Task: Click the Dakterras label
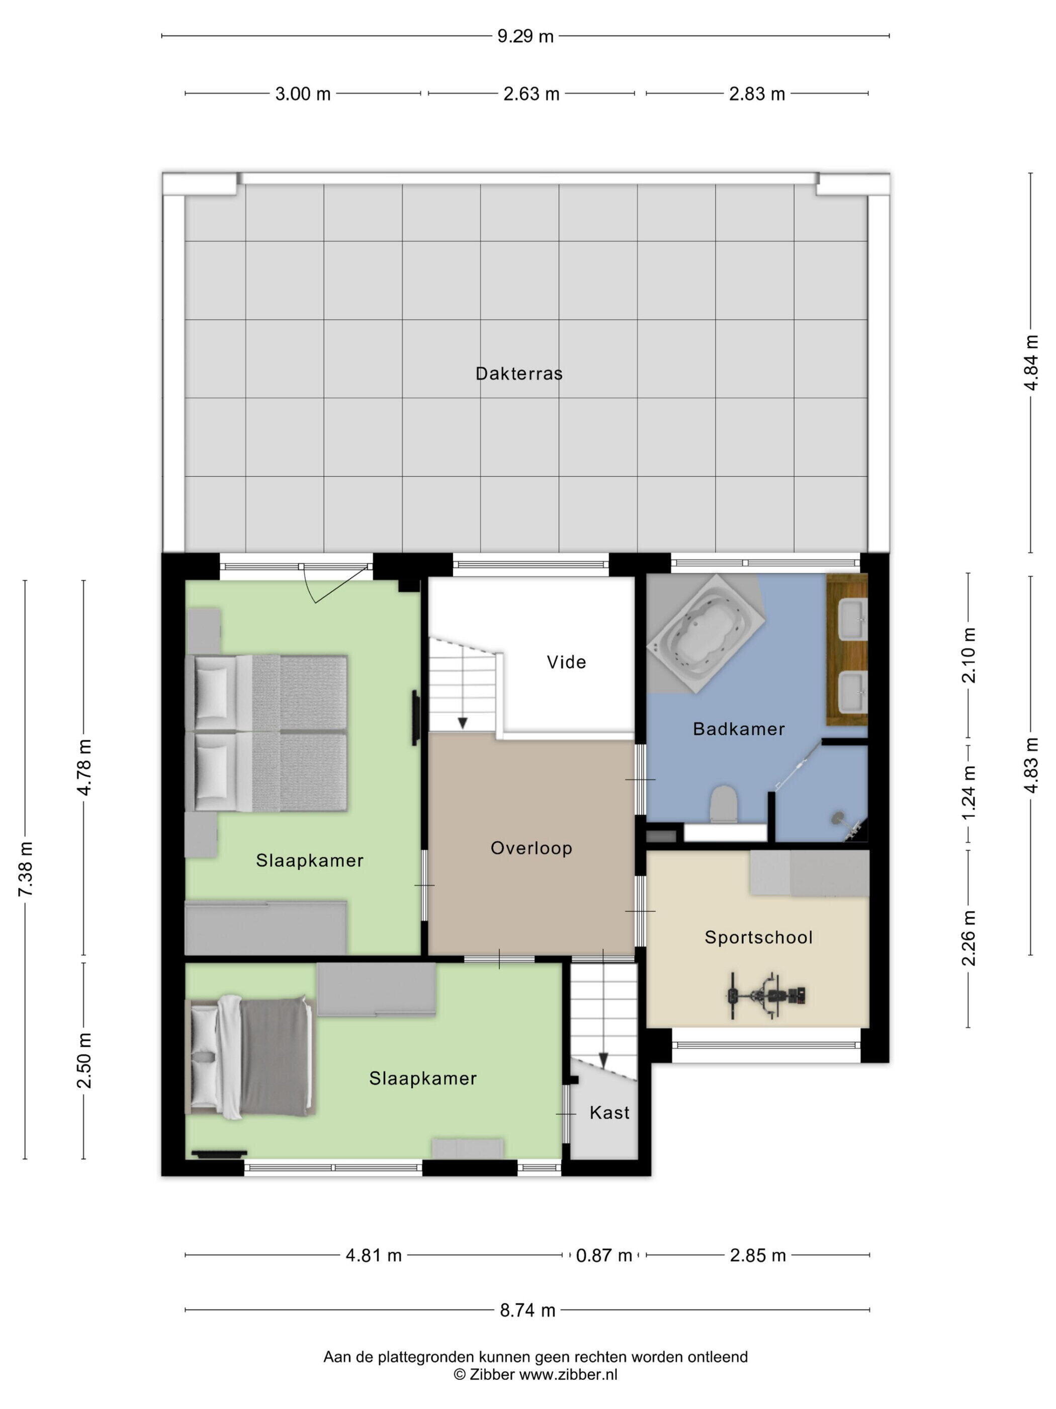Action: point(519,373)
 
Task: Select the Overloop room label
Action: point(532,848)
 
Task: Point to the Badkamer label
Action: point(738,729)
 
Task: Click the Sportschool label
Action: point(759,937)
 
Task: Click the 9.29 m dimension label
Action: point(525,36)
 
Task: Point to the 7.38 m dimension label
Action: point(26,869)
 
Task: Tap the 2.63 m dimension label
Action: point(532,94)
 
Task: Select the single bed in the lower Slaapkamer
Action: point(250,1057)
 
